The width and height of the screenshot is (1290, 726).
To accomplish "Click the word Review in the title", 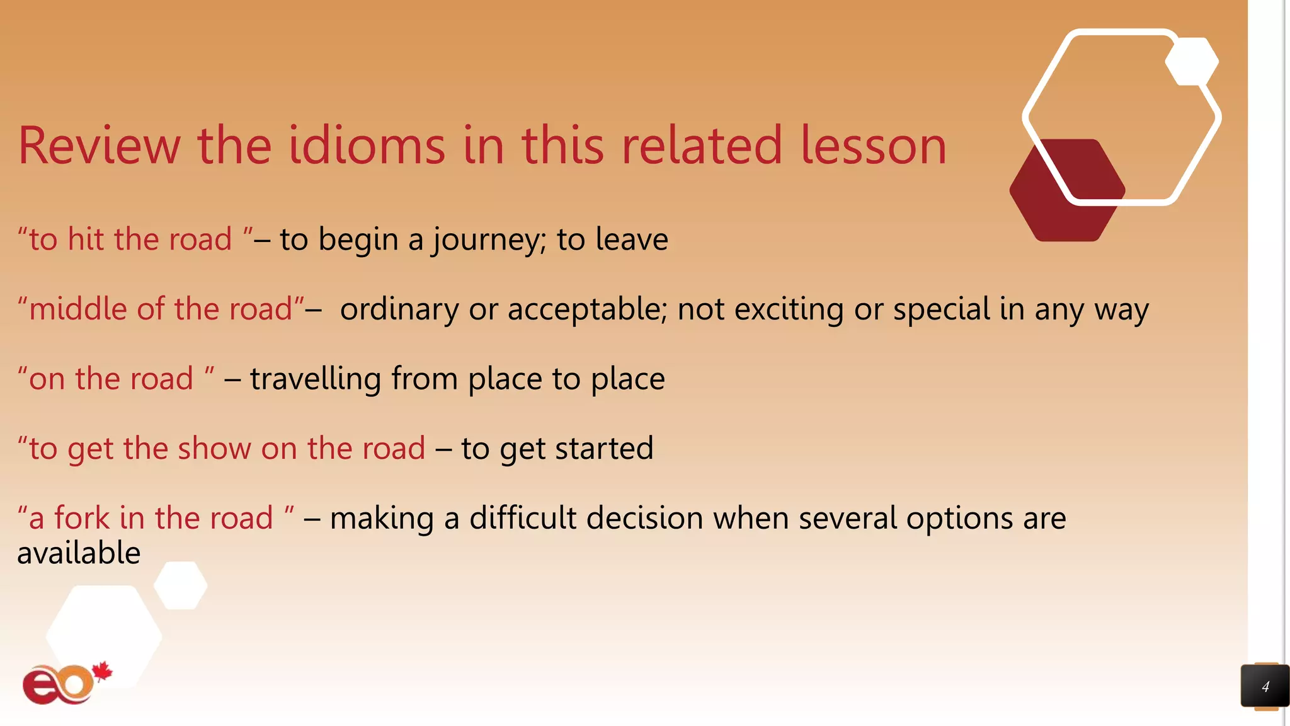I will click(100, 146).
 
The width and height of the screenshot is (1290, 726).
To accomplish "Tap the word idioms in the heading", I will click(367, 146).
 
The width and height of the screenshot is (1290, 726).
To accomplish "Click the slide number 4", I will click(1265, 686).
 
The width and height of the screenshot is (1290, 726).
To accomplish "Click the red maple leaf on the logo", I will click(102, 672).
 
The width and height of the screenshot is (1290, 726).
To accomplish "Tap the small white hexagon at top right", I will click(1191, 61).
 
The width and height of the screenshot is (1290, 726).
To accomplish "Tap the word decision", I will click(644, 518).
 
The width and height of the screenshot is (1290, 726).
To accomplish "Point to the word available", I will click(79, 553).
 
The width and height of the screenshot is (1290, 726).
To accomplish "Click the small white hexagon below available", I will click(180, 585).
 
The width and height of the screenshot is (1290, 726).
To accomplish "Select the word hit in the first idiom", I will click(86, 239).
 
